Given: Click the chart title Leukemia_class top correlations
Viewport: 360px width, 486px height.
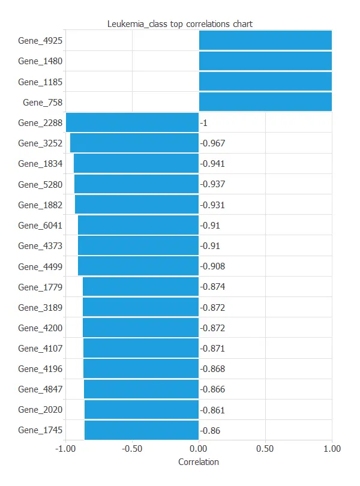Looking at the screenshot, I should (180, 24).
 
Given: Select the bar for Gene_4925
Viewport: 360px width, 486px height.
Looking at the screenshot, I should (265, 40).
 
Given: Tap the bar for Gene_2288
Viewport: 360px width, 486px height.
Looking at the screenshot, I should (132, 122).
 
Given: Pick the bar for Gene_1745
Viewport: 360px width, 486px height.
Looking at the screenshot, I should (142, 430).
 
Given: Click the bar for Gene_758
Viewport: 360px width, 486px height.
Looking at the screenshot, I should (265, 102).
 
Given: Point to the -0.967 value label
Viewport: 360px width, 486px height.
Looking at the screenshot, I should (212, 143).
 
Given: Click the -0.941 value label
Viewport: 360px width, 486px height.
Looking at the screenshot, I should (212, 164).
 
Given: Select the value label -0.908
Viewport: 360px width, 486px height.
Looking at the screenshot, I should (212, 266).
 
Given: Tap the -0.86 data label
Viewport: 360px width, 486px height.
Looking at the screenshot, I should (210, 430).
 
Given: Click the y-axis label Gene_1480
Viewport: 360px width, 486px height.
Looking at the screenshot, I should (40, 61).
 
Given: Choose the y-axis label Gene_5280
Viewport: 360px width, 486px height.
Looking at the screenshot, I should (40, 184).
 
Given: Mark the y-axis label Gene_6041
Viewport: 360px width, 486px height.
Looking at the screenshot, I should (40, 225).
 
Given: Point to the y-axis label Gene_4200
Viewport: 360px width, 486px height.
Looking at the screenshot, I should (40, 328).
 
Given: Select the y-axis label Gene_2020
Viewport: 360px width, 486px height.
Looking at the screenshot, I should (40, 410).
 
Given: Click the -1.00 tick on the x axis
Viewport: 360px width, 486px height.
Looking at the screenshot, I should (65, 448).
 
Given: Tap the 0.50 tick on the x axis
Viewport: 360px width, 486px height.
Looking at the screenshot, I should (265, 448).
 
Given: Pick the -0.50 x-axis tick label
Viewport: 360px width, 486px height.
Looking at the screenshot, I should (132, 448).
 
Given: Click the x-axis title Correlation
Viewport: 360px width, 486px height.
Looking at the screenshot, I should (199, 463).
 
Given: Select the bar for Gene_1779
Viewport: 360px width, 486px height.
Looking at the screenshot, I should (140, 287).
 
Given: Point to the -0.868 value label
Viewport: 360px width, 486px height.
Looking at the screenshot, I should (212, 369).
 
